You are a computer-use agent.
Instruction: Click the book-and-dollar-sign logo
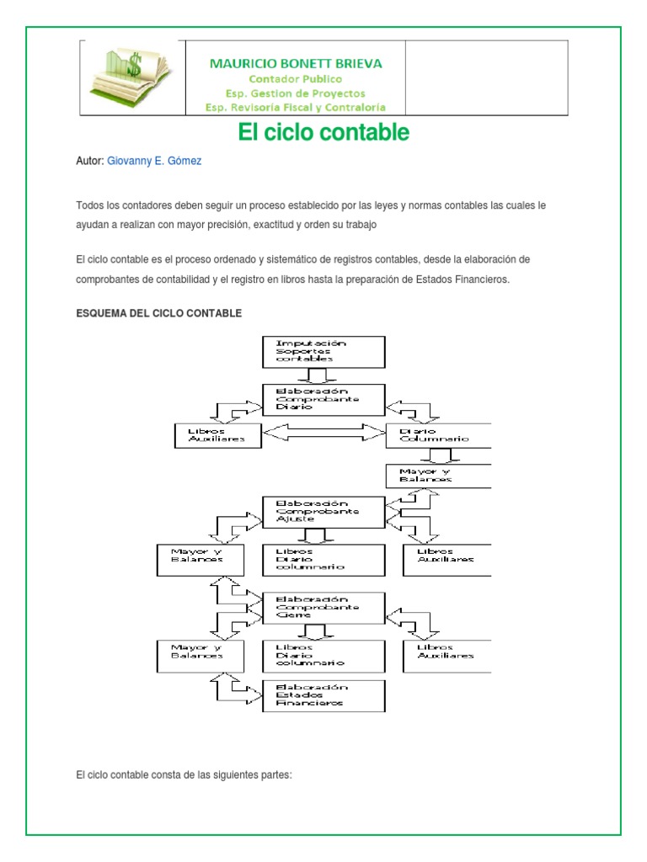(133, 77)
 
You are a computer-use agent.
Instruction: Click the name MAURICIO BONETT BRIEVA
(296, 63)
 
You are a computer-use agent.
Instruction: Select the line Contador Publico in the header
(296, 78)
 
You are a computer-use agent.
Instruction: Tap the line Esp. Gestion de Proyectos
(296, 93)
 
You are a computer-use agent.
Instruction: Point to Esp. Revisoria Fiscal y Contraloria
(296, 107)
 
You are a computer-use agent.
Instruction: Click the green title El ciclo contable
(323, 132)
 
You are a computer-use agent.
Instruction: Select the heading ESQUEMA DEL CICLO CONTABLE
(158, 313)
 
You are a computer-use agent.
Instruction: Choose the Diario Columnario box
(438, 434)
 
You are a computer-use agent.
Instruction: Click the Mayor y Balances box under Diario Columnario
(438, 475)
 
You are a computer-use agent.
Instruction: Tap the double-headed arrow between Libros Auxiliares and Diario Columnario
(324, 434)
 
